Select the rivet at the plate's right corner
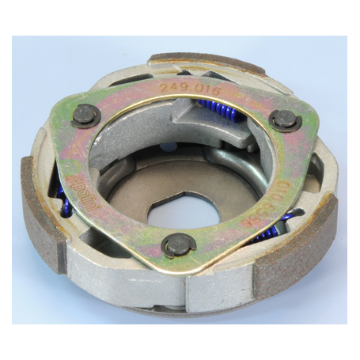pos(285,119)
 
